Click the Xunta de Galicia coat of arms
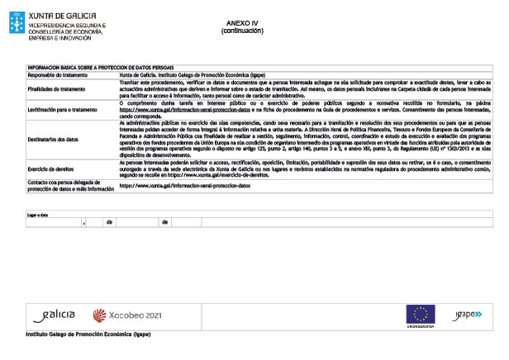click(x=16, y=24)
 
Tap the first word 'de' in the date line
click(x=108, y=222)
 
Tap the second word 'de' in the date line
click(x=164, y=222)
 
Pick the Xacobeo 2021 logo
click(x=126, y=315)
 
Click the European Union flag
click(x=421, y=313)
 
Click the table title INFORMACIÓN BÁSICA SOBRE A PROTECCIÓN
click(x=100, y=68)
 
